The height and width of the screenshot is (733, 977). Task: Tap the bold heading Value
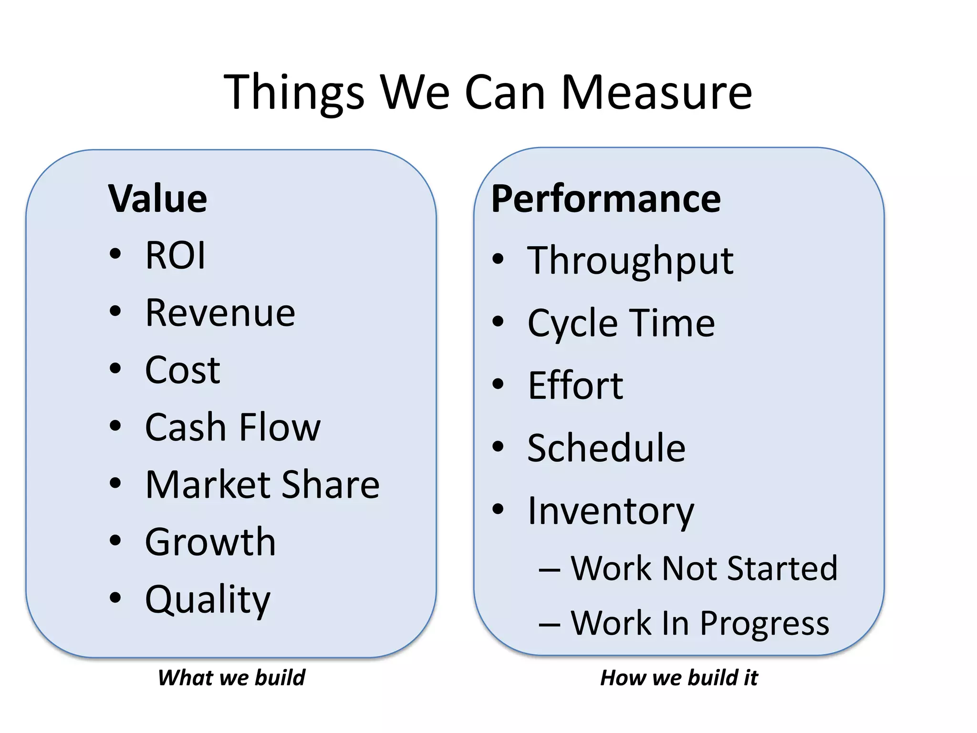pyautogui.click(x=158, y=199)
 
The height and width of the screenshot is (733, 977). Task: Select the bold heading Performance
pyautogui.click(x=606, y=199)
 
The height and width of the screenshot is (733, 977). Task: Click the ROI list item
pyautogui.click(x=175, y=256)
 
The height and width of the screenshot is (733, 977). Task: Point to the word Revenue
pyautogui.click(x=220, y=313)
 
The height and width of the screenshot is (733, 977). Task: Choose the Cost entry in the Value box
pyautogui.click(x=182, y=370)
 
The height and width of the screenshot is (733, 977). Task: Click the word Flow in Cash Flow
pyautogui.click(x=280, y=427)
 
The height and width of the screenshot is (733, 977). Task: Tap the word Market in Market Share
pyautogui.click(x=202, y=485)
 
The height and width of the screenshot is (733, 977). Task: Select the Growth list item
pyautogui.click(x=210, y=542)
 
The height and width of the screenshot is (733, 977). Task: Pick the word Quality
pyautogui.click(x=208, y=599)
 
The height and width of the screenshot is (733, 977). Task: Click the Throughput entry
pyautogui.click(x=630, y=261)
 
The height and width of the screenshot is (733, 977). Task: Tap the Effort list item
pyautogui.click(x=575, y=386)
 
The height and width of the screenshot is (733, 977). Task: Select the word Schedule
pyautogui.click(x=606, y=448)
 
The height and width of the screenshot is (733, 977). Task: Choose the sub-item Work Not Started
pyautogui.click(x=704, y=568)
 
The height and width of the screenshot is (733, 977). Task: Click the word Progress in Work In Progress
pyautogui.click(x=765, y=624)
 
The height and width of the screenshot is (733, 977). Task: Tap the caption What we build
pyautogui.click(x=231, y=678)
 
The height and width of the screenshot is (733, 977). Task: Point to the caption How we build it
pyautogui.click(x=679, y=678)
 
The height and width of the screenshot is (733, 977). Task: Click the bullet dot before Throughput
pyautogui.click(x=498, y=259)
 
